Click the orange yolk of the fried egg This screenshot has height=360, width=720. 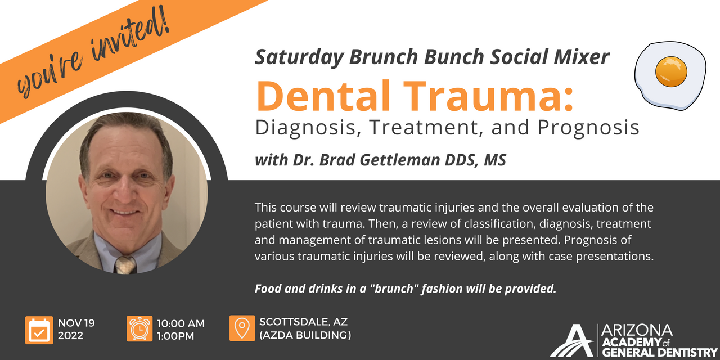click(x=671, y=71)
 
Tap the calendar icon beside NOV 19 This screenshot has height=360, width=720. click(x=39, y=330)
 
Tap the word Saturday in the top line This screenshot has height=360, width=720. click(x=299, y=57)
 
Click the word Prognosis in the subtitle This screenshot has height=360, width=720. click(x=588, y=128)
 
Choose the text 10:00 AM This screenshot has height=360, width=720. click(x=181, y=323)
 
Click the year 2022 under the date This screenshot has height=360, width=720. click(x=71, y=336)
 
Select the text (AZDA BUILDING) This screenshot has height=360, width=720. click(x=305, y=336)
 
